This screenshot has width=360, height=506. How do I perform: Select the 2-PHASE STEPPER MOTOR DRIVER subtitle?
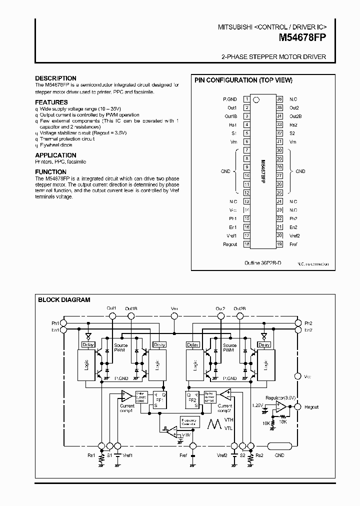(273, 57)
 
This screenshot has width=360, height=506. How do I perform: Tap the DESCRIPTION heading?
(55, 78)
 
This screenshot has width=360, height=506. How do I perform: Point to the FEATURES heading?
(51, 102)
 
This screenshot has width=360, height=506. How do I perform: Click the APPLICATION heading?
(55, 155)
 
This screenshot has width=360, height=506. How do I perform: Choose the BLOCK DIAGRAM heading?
(64, 300)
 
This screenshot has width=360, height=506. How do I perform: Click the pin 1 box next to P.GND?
(246, 99)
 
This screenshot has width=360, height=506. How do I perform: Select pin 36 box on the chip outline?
(279, 99)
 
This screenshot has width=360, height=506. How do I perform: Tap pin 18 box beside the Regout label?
(246, 244)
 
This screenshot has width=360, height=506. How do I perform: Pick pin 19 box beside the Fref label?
(279, 244)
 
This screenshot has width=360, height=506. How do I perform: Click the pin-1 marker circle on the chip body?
(256, 99)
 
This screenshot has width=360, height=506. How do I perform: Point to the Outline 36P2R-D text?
(262, 262)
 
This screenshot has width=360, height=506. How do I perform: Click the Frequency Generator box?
(190, 422)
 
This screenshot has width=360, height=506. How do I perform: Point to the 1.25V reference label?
(257, 405)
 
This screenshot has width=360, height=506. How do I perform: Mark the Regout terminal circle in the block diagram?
(298, 407)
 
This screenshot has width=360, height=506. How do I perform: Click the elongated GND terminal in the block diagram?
(279, 446)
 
